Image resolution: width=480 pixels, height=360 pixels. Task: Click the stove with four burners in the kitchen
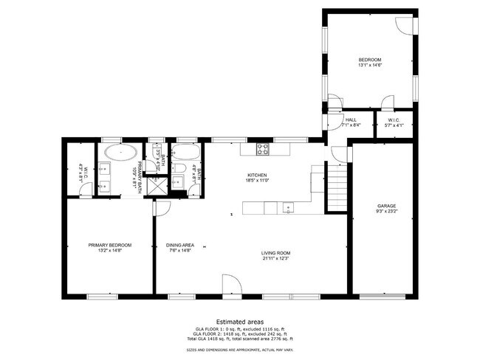[x=264, y=149]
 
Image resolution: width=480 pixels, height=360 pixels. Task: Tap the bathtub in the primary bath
[x=119, y=153]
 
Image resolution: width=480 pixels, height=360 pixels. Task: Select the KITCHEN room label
[x=257, y=176]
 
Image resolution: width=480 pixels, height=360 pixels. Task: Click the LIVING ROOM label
[x=276, y=253]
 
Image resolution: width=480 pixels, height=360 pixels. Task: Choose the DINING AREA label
[x=179, y=246]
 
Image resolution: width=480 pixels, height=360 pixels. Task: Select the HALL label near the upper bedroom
[x=351, y=120]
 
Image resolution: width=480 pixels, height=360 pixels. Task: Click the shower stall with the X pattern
[x=157, y=184]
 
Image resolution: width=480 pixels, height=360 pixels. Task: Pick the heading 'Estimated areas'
[x=239, y=321]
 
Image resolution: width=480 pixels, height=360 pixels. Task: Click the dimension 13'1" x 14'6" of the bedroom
[x=370, y=65]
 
